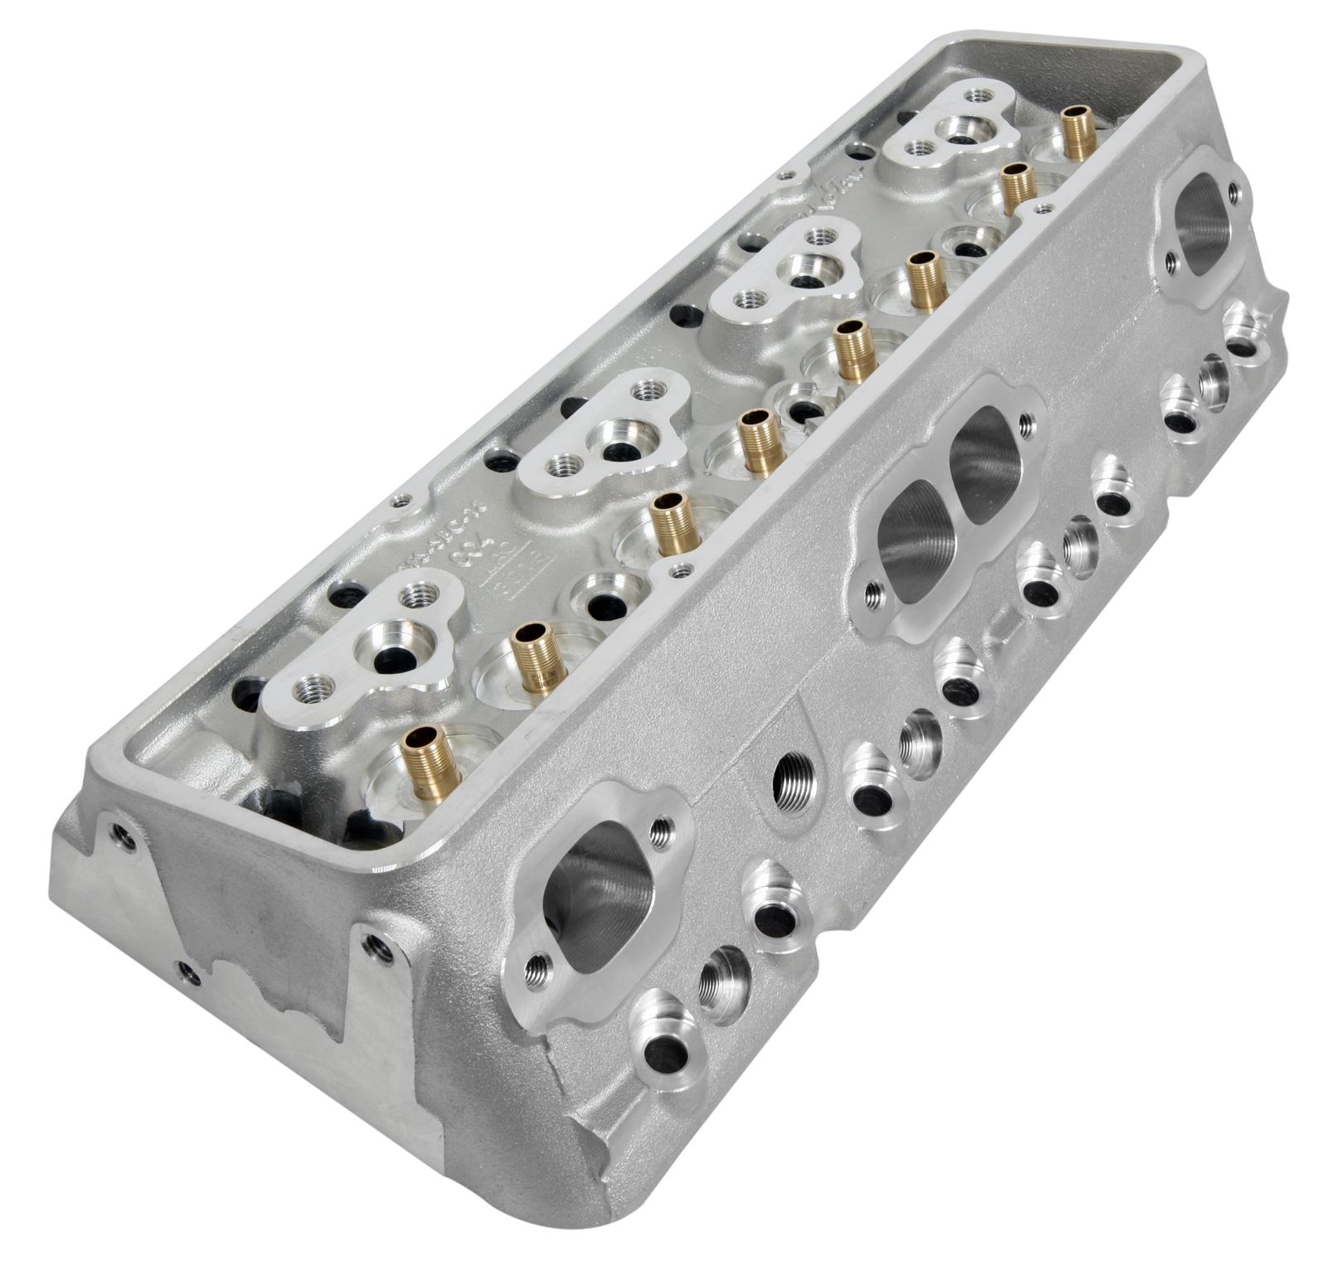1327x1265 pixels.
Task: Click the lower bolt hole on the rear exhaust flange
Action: [x=1170, y=263]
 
